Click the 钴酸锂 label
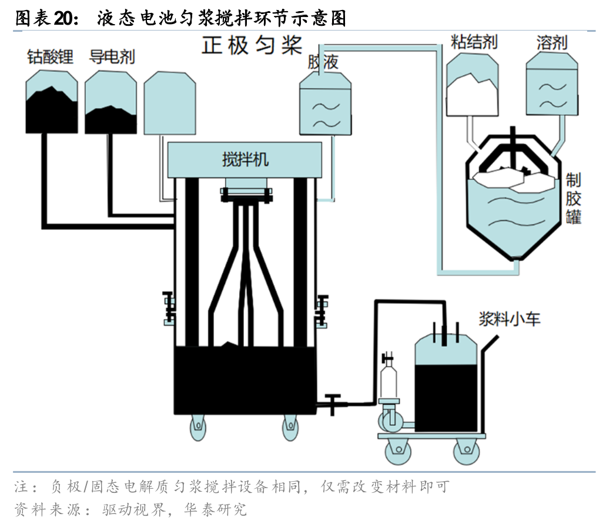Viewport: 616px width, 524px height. coord(50,57)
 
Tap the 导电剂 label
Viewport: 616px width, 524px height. coord(112,57)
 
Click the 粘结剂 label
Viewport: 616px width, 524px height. coord(474,42)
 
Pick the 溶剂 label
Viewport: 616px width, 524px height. coord(551,42)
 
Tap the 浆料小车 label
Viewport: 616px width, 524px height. coord(509,320)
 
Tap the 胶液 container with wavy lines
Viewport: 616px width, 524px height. coord(326,106)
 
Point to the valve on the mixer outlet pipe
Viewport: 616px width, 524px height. coord(333,402)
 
